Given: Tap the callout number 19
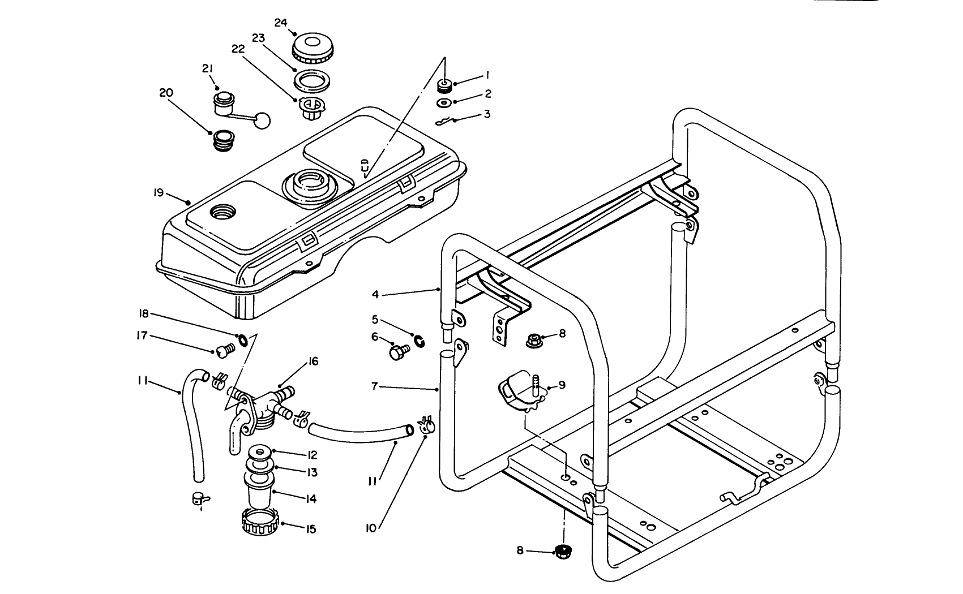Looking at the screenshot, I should point(158,193).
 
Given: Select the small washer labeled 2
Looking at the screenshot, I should point(444,103).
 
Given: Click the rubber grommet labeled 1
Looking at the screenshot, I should point(444,85).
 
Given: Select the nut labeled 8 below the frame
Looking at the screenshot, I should point(562,551).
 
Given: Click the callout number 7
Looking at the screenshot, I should point(375,387).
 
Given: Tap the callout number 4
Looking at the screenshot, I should point(375,294).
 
